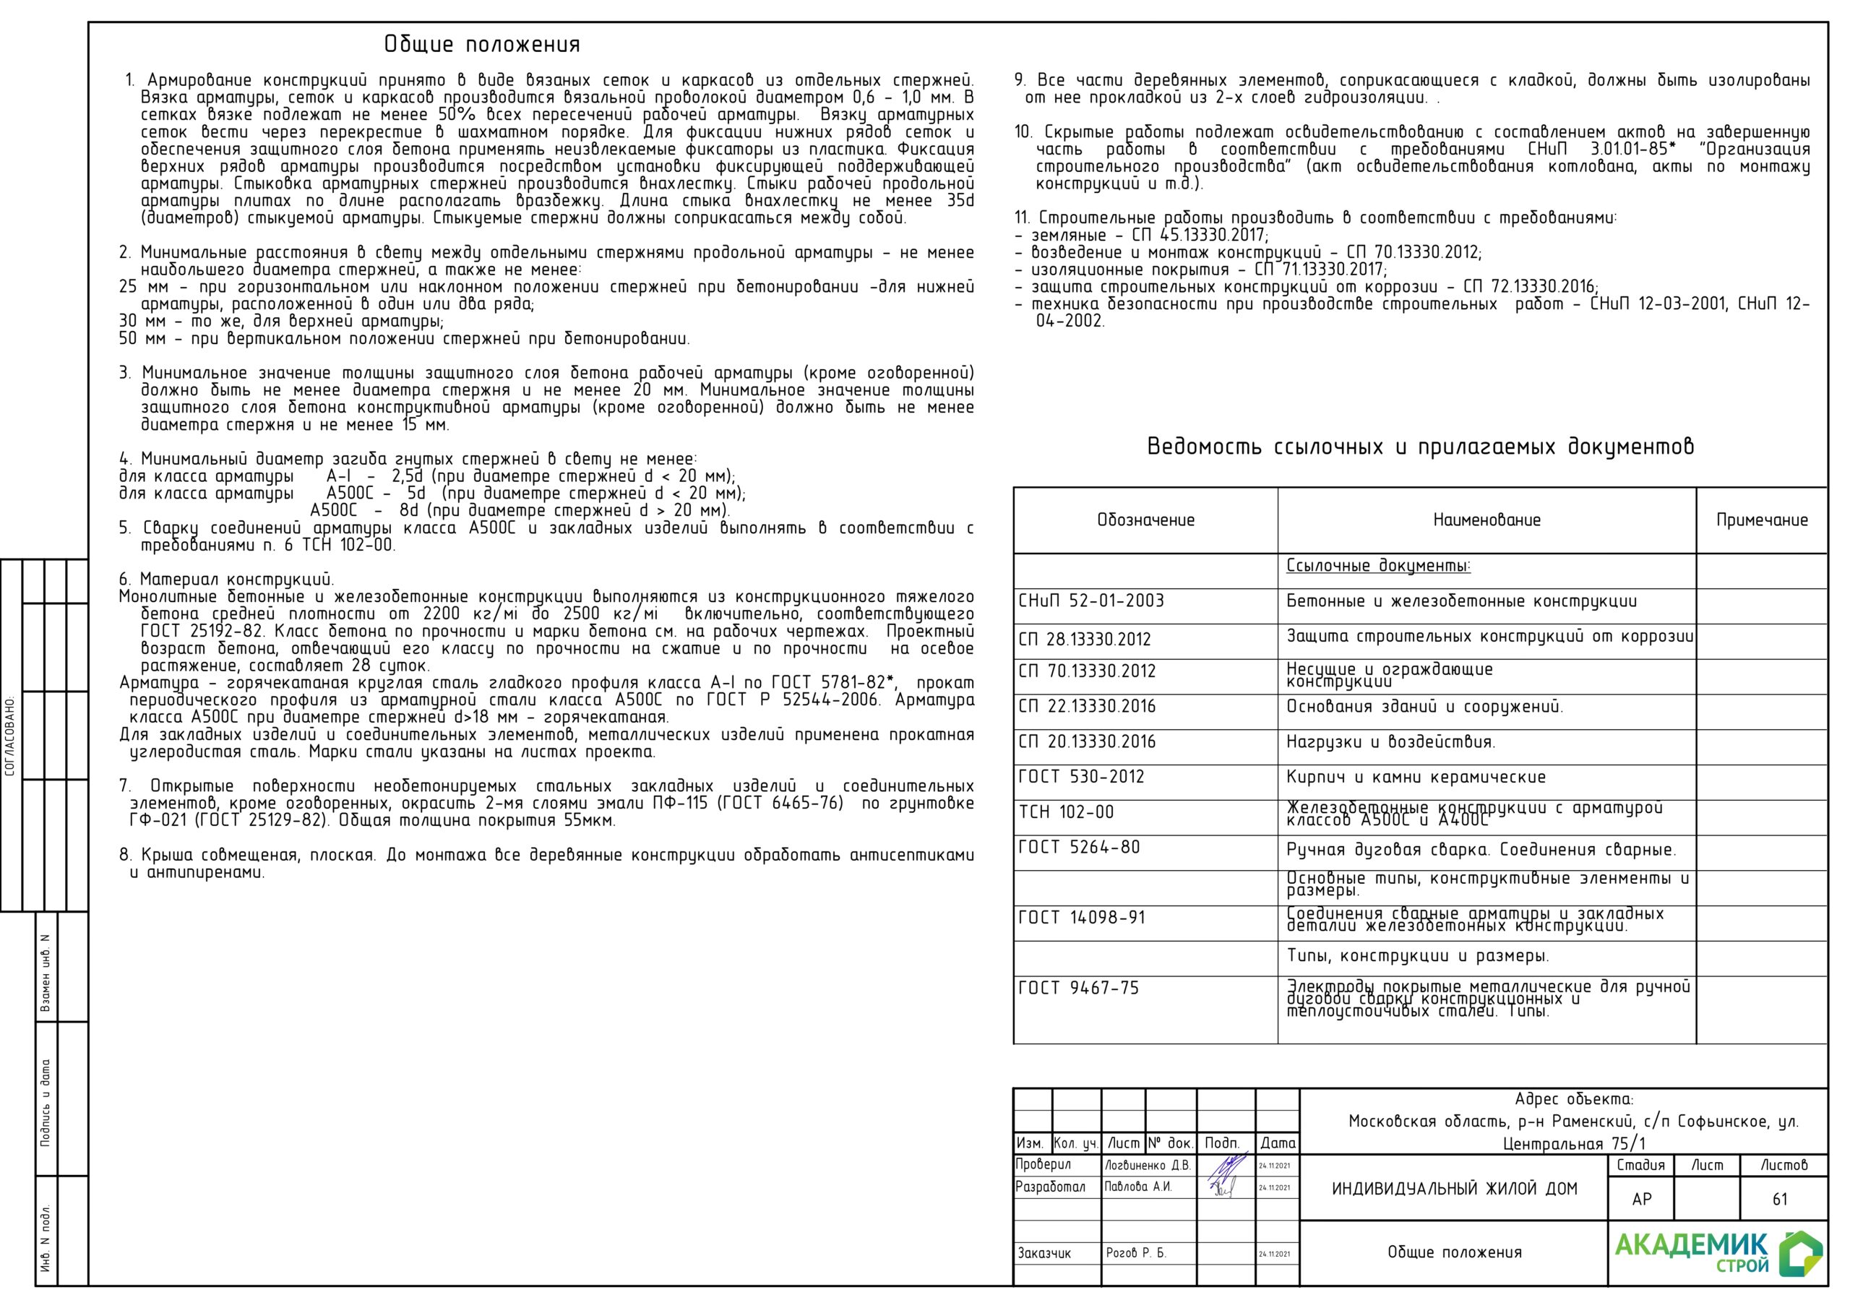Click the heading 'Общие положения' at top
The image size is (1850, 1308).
[x=482, y=44]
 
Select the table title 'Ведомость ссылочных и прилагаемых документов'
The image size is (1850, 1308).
[x=1420, y=447]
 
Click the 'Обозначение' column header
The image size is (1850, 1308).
[x=1145, y=520]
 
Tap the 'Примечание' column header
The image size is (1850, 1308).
[x=1761, y=520]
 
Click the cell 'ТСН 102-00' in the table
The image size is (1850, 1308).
[x=1066, y=812]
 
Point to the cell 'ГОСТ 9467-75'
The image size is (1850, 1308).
[x=1079, y=988]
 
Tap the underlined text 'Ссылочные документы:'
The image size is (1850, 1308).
[x=1378, y=566]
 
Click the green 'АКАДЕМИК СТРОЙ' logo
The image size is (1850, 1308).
[x=1717, y=1253]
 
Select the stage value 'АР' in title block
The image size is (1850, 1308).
[x=1641, y=1199]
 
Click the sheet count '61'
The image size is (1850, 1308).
[x=1780, y=1199]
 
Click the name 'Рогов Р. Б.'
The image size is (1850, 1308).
[x=1135, y=1253]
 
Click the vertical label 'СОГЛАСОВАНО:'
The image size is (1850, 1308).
[x=10, y=736]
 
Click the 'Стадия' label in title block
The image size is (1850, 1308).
[x=1640, y=1166]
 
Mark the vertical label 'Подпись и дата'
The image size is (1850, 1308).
[x=45, y=1102]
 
